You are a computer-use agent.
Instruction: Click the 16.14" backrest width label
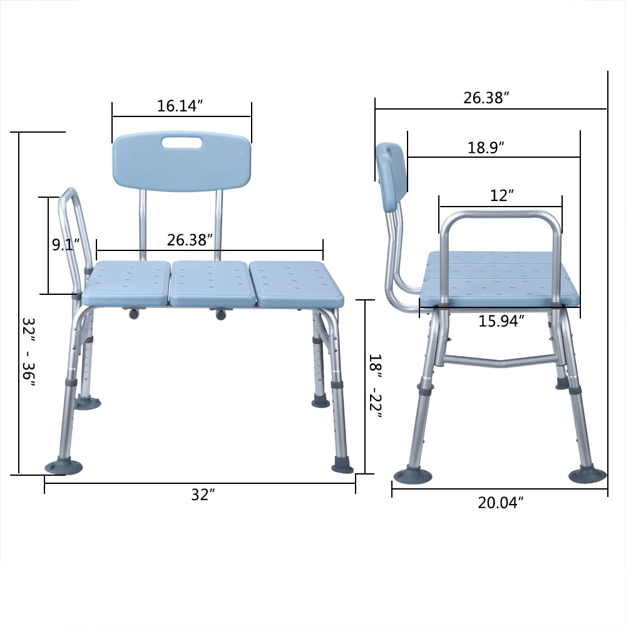(x=181, y=106)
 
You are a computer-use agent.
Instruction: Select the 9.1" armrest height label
(x=63, y=244)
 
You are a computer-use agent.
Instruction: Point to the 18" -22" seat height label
(x=374, y=386)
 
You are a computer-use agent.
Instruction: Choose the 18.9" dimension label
(x=486, y=148)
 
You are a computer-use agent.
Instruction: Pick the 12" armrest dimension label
(x=501, y=195)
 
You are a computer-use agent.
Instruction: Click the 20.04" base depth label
(x=501, y=502)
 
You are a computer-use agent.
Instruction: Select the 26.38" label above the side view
(x=486, y=98)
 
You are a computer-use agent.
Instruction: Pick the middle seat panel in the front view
(x=210, y=283)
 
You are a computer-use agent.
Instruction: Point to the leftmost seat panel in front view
(x=126, y=283)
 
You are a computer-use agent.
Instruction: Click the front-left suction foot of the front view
(x=63, y=467)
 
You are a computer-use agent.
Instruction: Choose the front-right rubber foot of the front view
(x=342, y=467)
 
